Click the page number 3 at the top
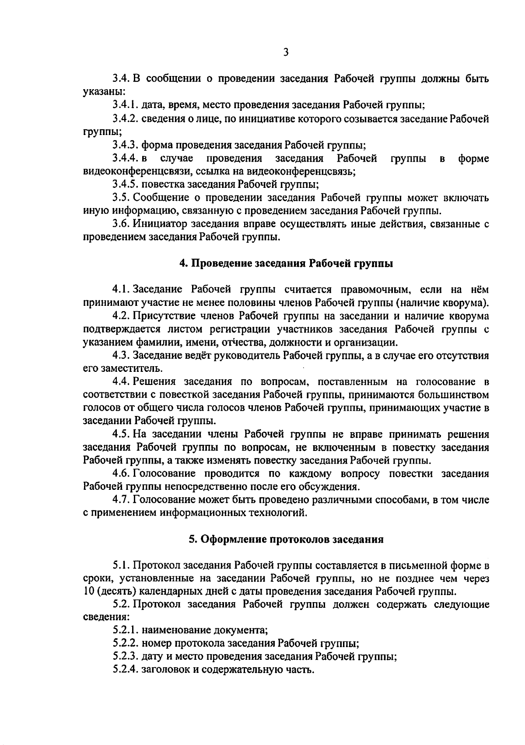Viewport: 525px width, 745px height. pos(285,52)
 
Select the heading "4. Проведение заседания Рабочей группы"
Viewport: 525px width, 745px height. pos(286,263)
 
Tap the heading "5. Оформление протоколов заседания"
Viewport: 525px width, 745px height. pos(286,539)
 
